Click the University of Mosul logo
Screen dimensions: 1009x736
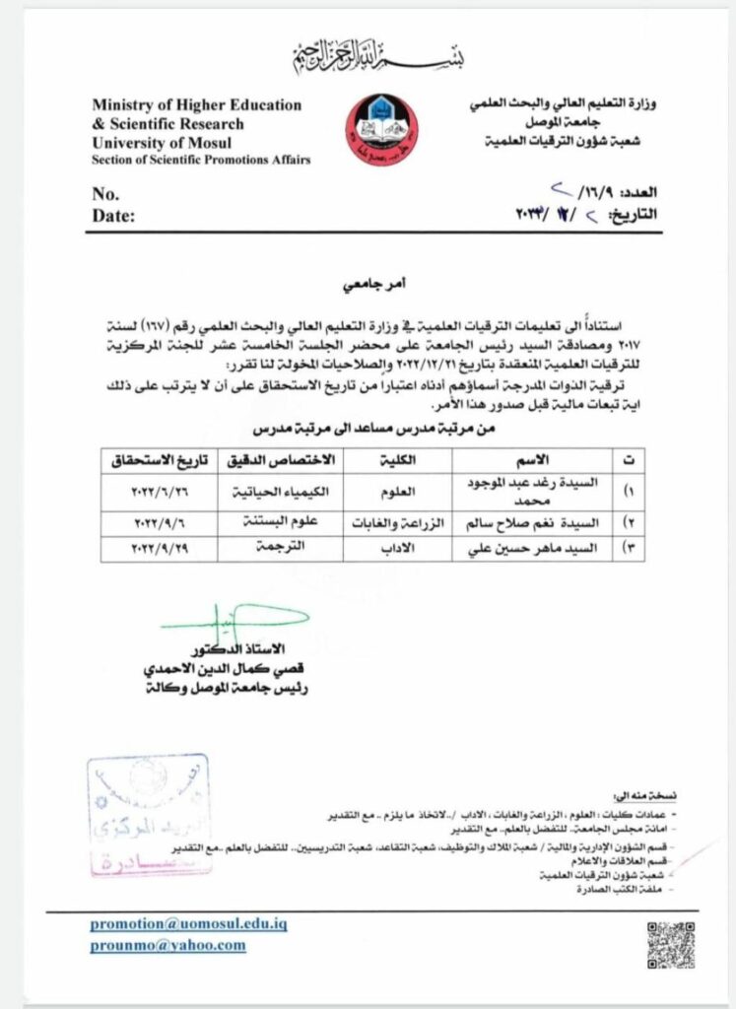tap(378, 131)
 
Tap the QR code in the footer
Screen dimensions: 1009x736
tap(671, 942)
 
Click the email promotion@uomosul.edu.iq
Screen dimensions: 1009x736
tap(188, 924)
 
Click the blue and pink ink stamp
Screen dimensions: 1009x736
tap(148, 815)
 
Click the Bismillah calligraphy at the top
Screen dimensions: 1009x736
tap(378, 57)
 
